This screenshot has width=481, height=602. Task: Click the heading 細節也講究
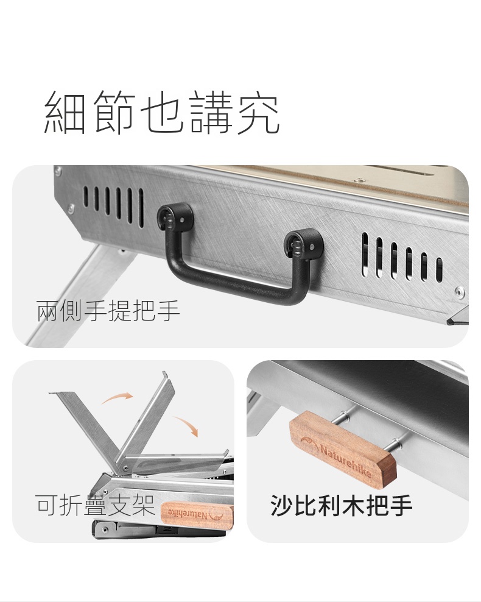[x=161, y=113]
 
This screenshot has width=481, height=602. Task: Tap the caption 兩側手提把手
[x=108, y=311]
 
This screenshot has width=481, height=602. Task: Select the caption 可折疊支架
[x=96, y=505]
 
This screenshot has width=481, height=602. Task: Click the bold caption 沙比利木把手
[x=341, y=505]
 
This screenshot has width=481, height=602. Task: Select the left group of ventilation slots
[x=113, y=205]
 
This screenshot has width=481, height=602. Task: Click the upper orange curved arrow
[x=117, y=397]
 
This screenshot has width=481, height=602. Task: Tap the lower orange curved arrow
[x=186, y=425]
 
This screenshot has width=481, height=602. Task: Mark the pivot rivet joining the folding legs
[x=125, y=469]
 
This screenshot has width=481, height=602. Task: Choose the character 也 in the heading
[x=161, y=113]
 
